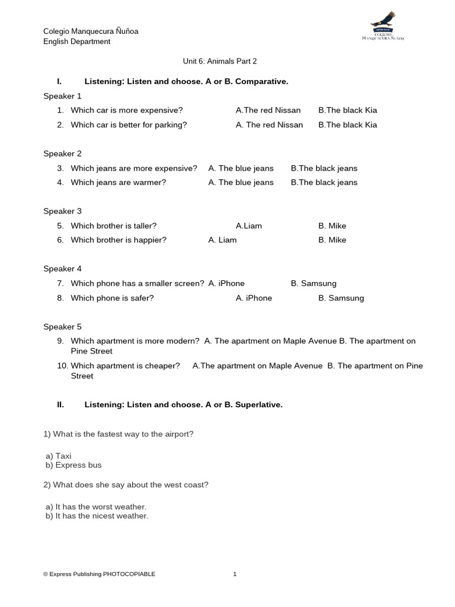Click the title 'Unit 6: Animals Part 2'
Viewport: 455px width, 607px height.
219,61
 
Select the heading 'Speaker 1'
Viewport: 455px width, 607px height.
62,96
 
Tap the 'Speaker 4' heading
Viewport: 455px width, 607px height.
62,269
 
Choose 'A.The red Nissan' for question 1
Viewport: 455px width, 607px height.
268,110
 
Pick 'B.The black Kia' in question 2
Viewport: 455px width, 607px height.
347,125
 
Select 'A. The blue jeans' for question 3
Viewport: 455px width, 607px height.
241,168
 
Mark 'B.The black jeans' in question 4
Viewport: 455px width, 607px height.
324,183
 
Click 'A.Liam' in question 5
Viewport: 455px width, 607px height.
249,226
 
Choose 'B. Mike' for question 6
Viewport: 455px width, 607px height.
332,240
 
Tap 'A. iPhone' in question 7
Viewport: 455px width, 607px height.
226,283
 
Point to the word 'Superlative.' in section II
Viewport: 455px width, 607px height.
259,405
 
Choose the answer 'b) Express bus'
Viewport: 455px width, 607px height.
73,465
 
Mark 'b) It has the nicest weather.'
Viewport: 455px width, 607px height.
97,516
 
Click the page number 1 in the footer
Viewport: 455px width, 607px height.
235,574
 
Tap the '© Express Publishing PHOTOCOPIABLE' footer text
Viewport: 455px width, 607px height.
100,574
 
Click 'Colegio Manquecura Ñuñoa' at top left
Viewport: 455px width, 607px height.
91,31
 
